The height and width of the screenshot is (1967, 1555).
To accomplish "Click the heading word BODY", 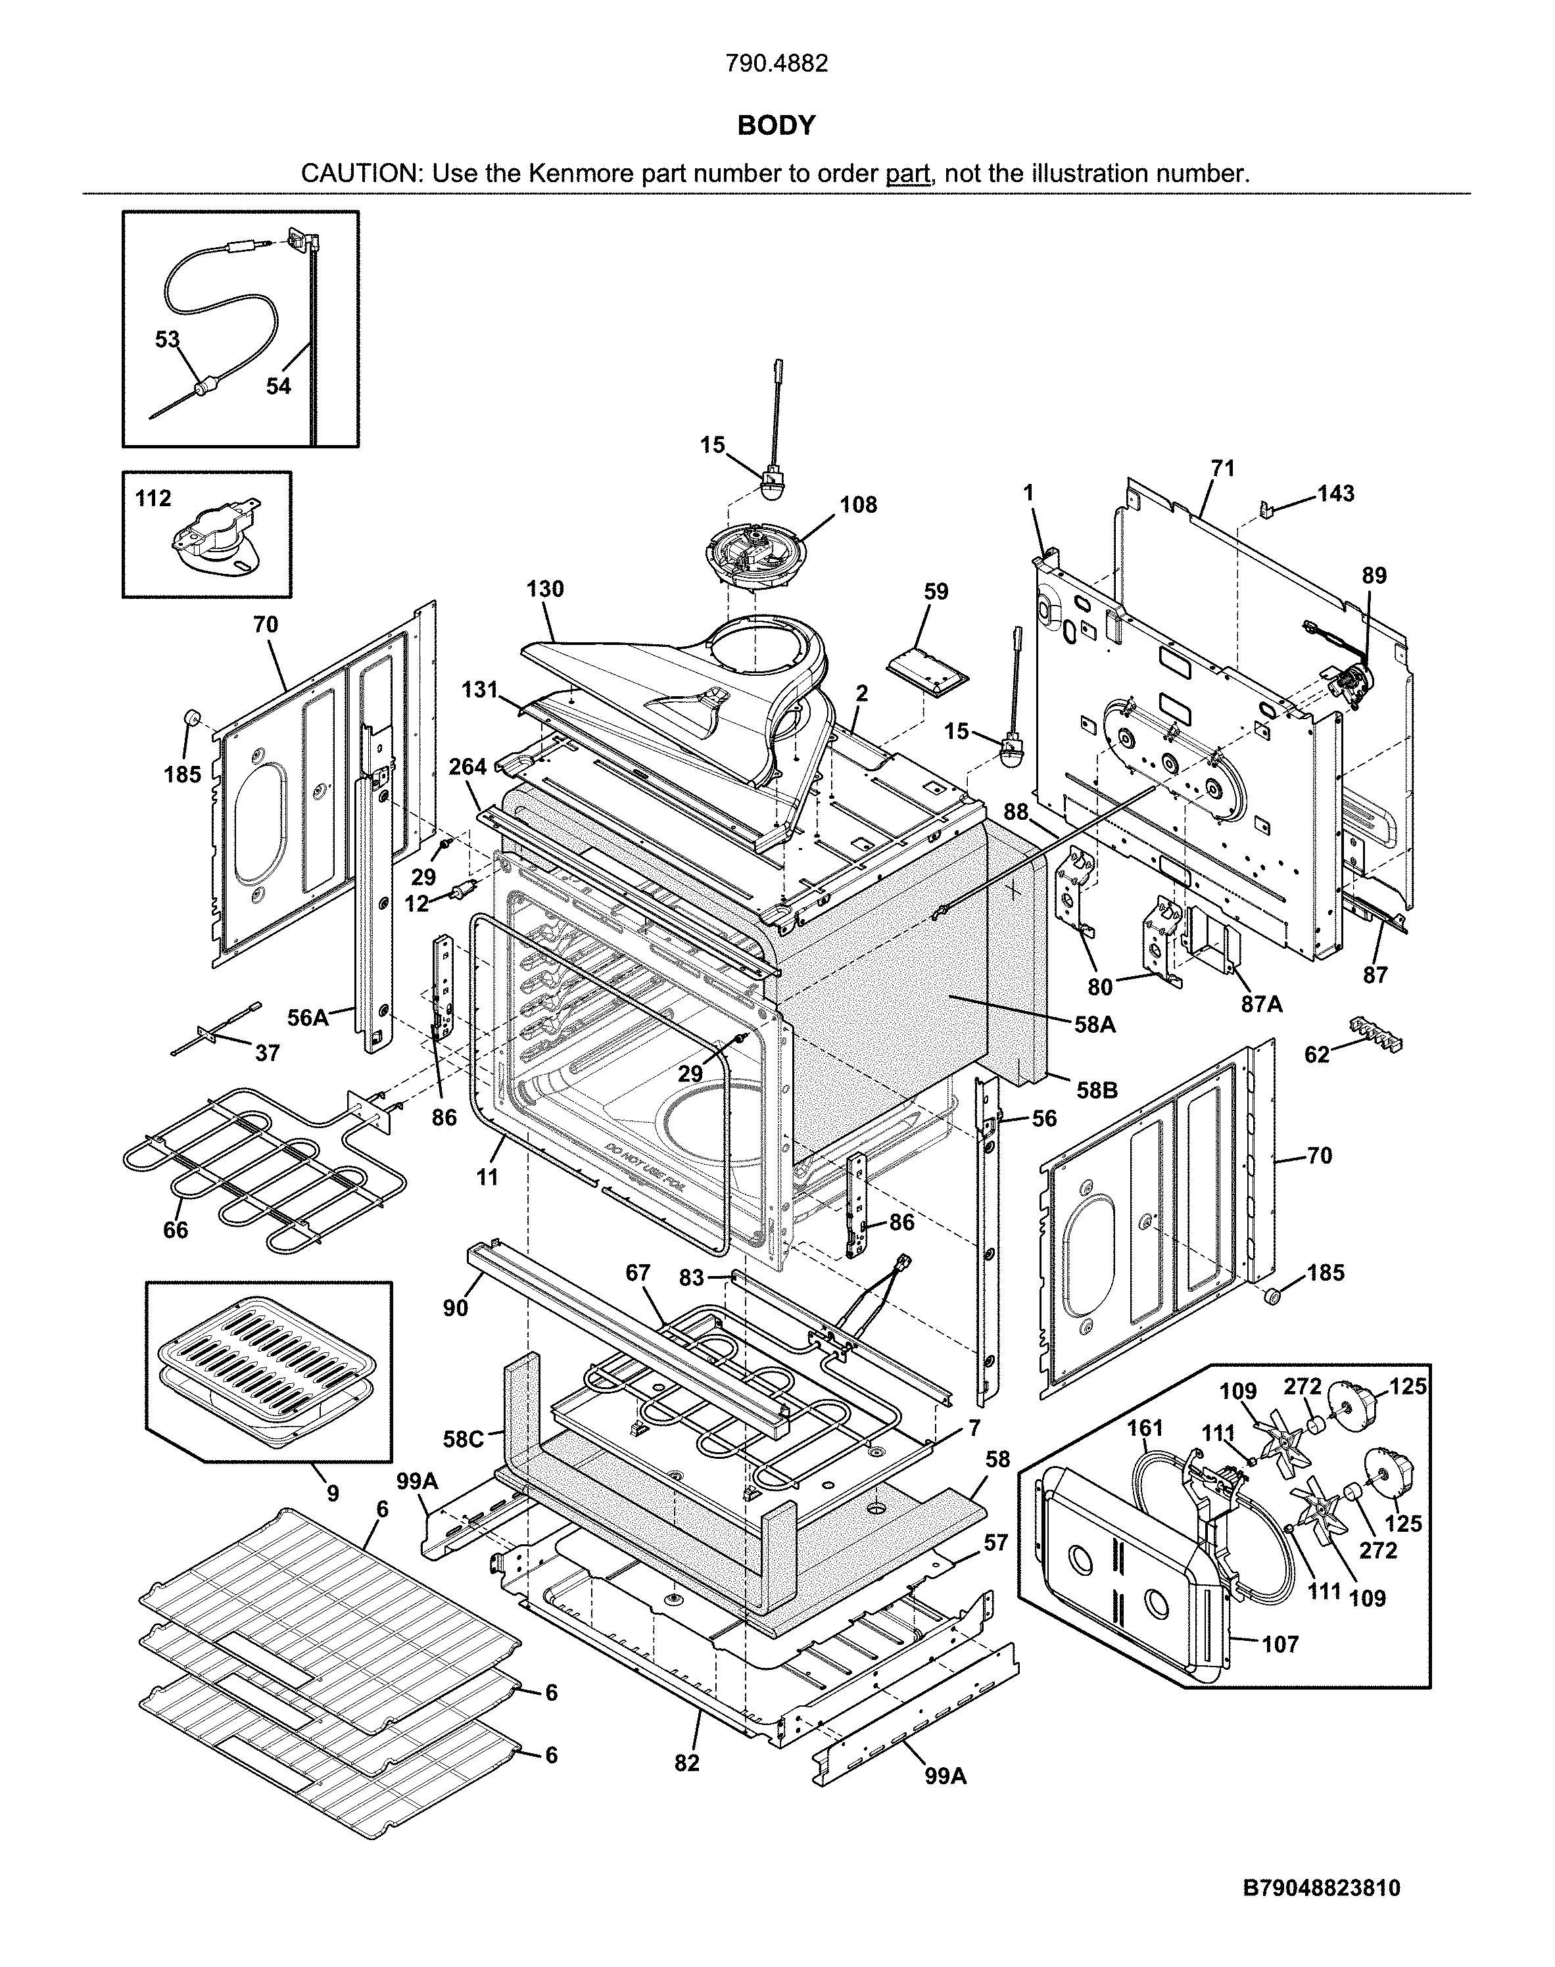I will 776,126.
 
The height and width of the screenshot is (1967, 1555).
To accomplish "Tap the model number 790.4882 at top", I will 777,64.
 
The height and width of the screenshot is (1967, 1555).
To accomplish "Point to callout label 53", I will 168,339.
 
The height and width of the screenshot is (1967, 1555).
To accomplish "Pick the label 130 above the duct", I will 544,589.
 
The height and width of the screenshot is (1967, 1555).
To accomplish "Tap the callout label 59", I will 936,592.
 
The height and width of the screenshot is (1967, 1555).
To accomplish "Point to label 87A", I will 1262,1004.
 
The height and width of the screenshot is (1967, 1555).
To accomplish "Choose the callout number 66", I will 176,1230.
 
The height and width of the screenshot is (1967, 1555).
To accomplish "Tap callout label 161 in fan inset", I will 1145,1427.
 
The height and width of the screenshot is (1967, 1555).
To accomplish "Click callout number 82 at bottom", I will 686,1763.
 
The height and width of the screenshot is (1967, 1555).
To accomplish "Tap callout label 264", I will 468,767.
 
